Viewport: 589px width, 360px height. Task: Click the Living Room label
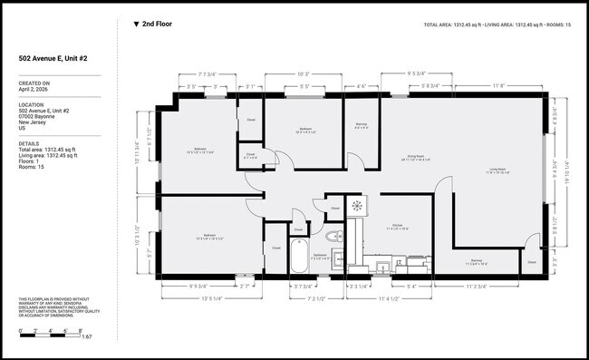[x=499, y=170]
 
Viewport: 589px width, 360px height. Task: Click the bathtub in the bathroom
[x=300, y=256]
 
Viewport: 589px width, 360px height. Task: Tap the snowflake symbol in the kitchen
[x=357, y=206]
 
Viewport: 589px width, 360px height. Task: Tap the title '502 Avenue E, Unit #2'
[x=53, y=58]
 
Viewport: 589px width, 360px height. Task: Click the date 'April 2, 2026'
[x=37, y=90]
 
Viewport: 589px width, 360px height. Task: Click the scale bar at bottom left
[x=51, y=336]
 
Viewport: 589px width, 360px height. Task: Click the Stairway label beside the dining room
[x=361, y=127]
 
